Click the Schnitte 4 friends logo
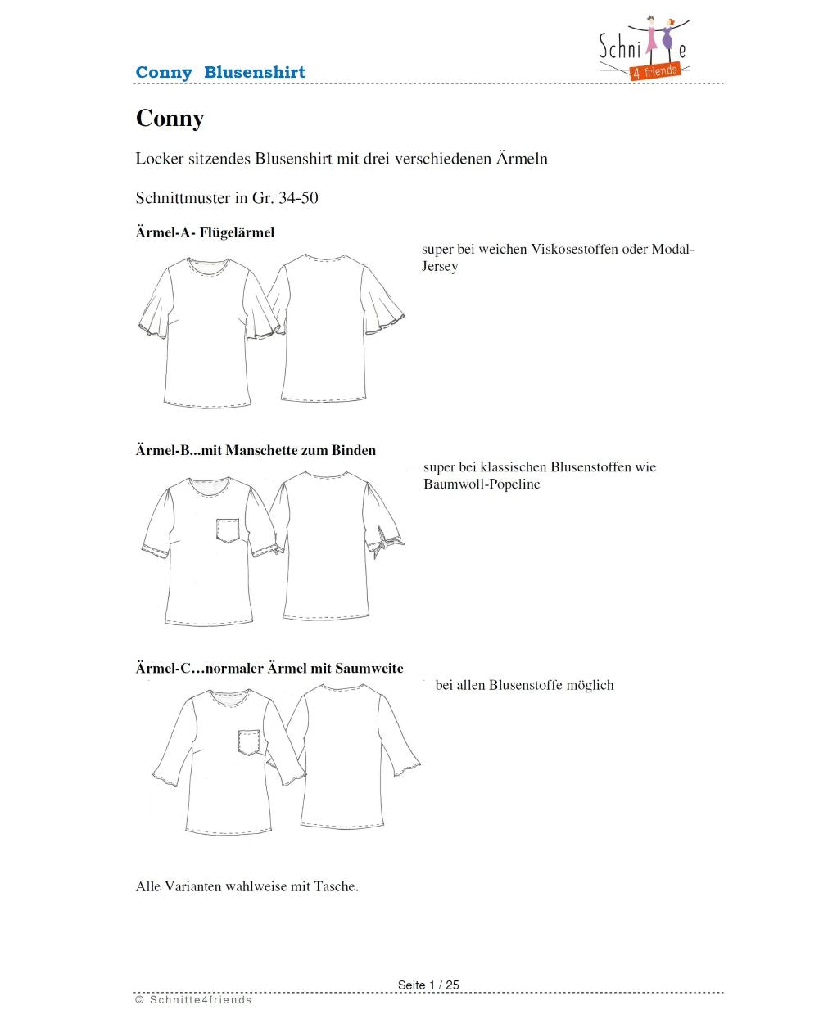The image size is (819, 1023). pos(645,49)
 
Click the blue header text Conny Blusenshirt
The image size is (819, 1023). pos(220,72)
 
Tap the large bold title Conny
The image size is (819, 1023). pos(170,119)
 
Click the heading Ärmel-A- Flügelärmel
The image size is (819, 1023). pos(205,232)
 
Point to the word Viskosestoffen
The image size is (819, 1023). pos(574,250)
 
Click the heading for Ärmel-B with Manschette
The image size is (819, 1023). pos(256,450)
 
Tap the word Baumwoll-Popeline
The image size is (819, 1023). pos(482,484)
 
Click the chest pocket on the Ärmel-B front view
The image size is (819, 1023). pos(230,530)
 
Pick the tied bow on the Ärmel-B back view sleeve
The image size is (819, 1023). pos(385,542)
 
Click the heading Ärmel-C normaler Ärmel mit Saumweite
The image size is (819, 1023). pos(269,669)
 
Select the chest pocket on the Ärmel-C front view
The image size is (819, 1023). pos(249,741)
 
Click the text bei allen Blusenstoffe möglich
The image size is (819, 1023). pos(524,686)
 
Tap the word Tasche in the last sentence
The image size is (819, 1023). pos(335,886)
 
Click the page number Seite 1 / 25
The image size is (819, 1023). pos(428,985)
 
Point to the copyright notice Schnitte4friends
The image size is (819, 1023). pos(194,1000)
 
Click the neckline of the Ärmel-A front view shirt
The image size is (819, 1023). pos(207,268)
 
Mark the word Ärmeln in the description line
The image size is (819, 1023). pos(522,159)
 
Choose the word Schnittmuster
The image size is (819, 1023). pos(183,198)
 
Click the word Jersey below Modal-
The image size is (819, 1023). pos(440,267)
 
